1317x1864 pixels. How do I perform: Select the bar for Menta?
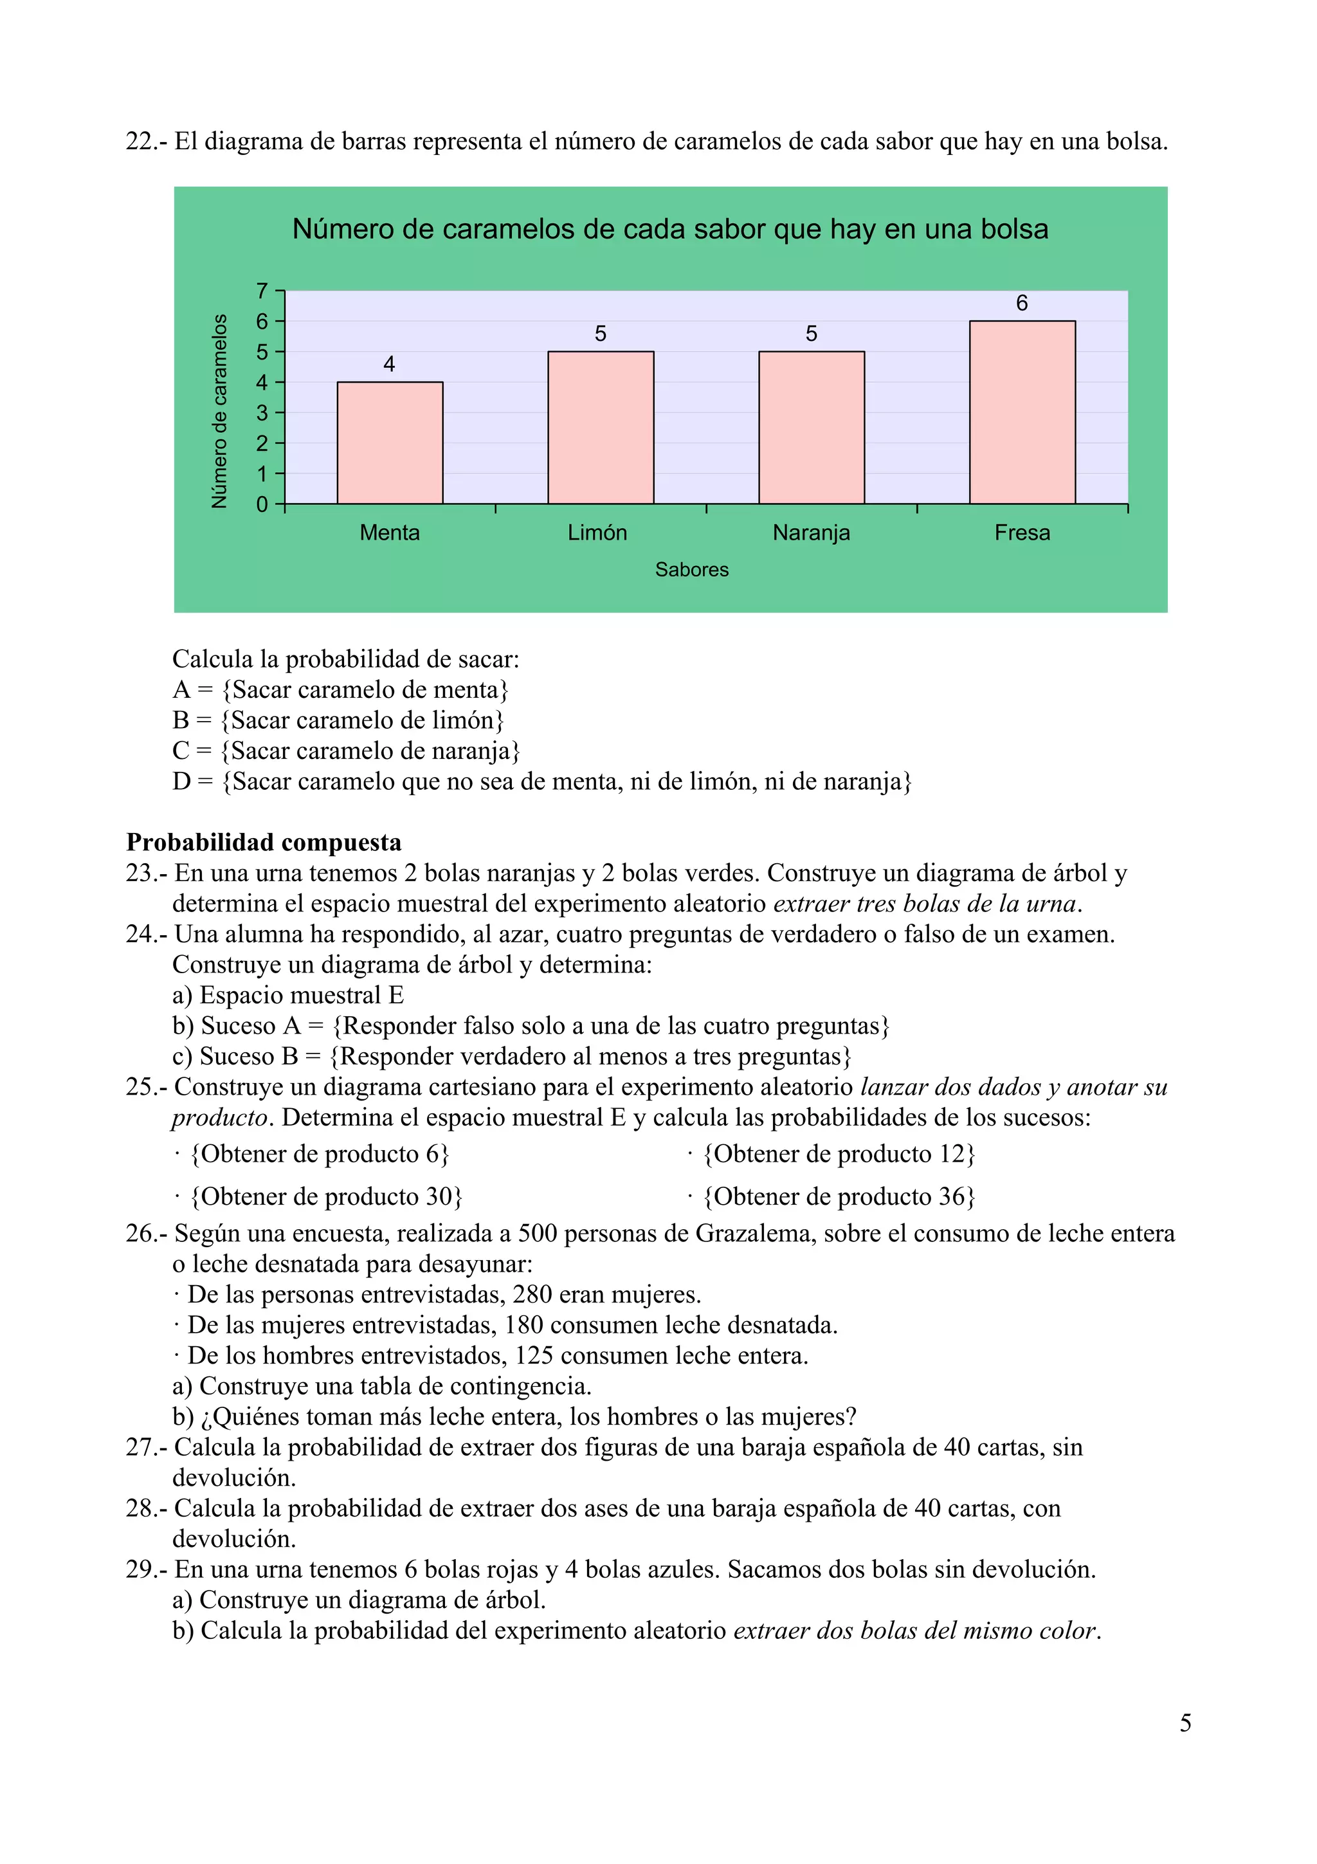390,443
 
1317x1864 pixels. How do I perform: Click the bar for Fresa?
1022,412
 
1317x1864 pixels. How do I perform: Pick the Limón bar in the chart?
601,428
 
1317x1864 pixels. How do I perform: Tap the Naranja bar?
812,428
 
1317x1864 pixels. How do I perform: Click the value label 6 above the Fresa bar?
1022,303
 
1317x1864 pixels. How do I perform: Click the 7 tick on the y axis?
261,291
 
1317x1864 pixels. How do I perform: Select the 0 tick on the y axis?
261,504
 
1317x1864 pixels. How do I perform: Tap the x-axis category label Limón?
597,533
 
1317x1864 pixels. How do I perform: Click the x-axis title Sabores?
691,570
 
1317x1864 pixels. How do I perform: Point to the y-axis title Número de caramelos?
219,412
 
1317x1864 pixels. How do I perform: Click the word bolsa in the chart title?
1014,229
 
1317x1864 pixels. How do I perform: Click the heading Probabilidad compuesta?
264,842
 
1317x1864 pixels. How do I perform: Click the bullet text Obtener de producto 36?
839,1196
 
